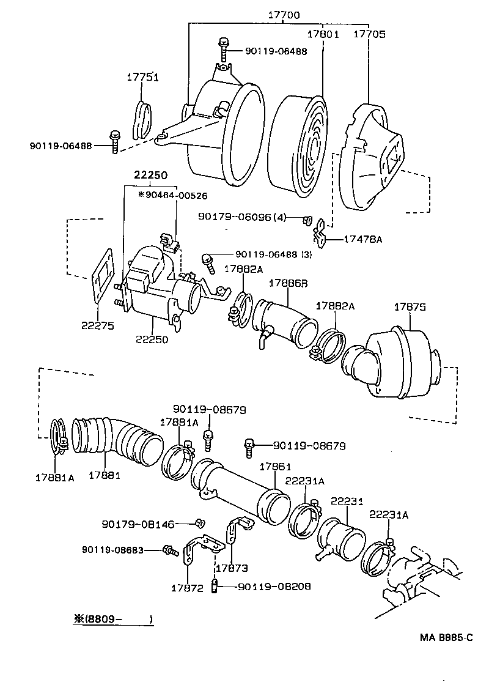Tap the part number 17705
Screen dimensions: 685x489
pyautogui.click(x=370, y=35)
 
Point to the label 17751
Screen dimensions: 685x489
pyautogui.click(x=143, y=77)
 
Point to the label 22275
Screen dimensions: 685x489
pyautogui.click(x=97, y=326)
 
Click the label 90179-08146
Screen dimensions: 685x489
pyautogui.click(x=138, y=524)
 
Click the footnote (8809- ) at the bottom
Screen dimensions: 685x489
pyautogui.click(x=113, y=619)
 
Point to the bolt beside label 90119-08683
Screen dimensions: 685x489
pyautogui.click(x=170, y=550)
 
